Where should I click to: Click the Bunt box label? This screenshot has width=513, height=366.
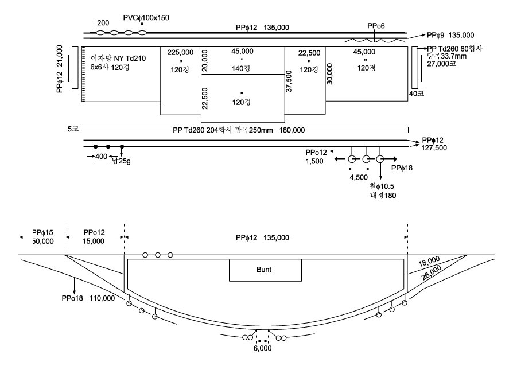pos(264,270)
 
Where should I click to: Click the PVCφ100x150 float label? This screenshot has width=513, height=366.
pos(146,18)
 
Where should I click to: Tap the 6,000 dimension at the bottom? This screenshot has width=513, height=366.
pos(262,348)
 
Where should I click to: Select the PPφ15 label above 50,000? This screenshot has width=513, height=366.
pos(42,232)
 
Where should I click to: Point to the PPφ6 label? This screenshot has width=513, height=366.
pos(376,26)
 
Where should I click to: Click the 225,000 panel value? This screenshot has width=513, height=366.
pos(180,52)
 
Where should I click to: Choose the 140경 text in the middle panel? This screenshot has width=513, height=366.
pos(241,68)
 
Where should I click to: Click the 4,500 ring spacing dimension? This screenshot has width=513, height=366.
pos(359,177)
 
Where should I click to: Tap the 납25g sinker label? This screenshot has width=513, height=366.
pos(122,161)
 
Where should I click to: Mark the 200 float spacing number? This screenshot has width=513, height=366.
pos(103,23)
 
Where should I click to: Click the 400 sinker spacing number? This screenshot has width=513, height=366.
pos(101,157)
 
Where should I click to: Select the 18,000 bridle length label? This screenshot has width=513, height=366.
pos(429,262)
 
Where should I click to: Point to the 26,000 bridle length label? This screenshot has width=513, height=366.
pos(431,272)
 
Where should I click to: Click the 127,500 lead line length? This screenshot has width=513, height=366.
pos(434,148)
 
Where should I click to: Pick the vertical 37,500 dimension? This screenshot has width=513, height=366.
pos(289,81)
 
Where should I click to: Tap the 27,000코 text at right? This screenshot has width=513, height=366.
pos(441,64)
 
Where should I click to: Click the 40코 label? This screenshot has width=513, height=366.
pos(417,94)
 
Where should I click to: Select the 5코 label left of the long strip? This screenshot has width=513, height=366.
pos(73,129)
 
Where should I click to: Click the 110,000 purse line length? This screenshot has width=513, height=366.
pos(102,298)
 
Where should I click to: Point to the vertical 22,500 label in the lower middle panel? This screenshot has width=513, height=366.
pos(205,98)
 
